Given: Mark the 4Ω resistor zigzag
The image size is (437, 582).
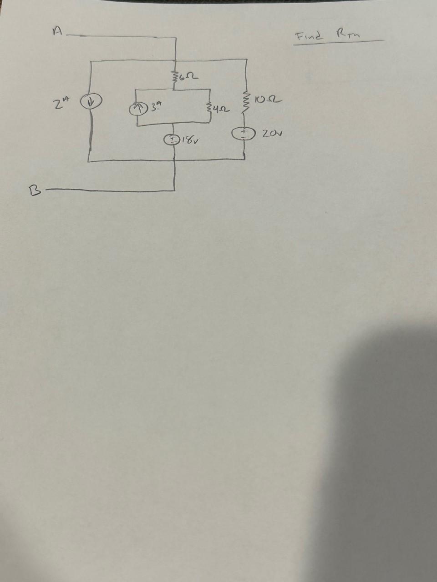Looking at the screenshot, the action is pos(208,108).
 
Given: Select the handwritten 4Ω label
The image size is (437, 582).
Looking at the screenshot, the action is pos(222,109).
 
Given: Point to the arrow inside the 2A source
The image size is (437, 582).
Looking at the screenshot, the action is pos(88,100).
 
